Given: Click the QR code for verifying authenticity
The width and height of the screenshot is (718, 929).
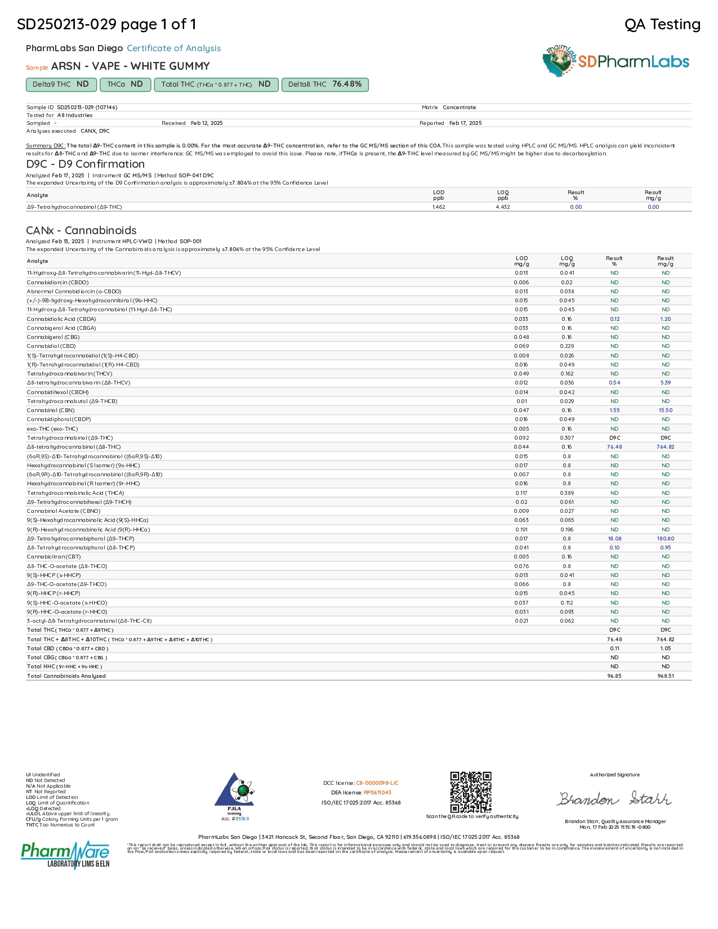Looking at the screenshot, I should pos(470,792).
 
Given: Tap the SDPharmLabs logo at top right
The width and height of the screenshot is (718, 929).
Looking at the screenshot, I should pos(616,61).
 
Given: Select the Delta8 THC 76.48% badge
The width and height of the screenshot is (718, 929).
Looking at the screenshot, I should pos(325,84).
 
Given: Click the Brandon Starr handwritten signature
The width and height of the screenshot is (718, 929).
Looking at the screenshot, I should pos(614,799).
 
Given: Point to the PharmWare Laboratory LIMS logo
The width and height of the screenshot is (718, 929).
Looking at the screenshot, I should pos(65,855).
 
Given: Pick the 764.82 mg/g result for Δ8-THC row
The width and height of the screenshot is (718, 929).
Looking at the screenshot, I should pos(665,447).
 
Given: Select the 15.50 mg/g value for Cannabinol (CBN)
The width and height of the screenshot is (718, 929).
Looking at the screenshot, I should pos(665,410).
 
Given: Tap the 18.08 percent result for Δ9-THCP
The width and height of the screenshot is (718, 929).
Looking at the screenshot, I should pos(614,539).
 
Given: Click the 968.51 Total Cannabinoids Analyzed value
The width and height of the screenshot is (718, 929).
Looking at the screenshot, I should pos(665,676).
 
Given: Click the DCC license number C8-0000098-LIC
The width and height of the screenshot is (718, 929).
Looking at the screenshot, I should pos(377,783).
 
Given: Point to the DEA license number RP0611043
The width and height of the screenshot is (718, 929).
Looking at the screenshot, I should pos(377,793).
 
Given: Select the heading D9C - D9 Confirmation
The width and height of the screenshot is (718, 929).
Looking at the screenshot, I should pos(85,164).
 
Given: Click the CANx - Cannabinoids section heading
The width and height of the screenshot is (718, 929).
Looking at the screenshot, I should pos(81,230).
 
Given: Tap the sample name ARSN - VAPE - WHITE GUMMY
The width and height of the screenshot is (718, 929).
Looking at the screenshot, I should pos(130,66).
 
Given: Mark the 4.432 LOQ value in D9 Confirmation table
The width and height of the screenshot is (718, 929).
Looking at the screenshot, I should pos(503,207).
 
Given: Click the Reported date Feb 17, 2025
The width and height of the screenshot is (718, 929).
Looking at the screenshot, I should pos(465,123).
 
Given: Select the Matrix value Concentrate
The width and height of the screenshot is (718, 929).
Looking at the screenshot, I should pos(459,108).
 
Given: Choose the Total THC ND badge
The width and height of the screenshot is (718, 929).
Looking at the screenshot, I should pos(216,84).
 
